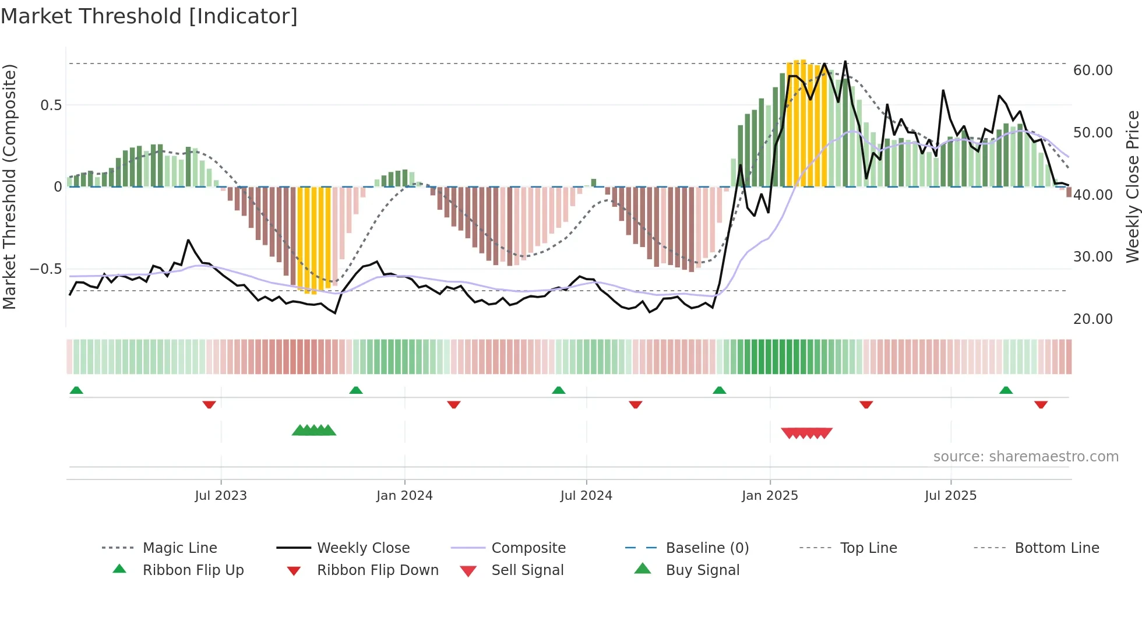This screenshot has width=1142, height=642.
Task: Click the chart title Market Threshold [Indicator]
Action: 149,16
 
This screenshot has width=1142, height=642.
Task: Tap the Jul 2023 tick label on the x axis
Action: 221,496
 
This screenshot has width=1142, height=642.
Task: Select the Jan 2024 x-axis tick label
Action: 404,496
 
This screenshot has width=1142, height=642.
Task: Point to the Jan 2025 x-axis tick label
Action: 770,496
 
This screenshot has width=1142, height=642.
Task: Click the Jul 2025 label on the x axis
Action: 950,496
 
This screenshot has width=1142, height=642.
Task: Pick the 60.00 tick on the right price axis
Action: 1092,70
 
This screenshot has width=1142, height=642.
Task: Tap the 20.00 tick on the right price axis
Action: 1092,319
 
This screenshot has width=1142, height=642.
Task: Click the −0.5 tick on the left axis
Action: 45,269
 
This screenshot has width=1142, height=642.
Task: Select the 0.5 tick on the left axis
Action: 51,105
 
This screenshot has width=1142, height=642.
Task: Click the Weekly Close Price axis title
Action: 1132,186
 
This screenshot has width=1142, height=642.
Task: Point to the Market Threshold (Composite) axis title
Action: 9,186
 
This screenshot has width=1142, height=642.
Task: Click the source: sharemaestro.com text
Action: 1025,457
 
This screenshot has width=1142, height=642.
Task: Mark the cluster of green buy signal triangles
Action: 314,431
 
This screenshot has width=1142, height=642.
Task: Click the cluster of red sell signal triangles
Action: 806,433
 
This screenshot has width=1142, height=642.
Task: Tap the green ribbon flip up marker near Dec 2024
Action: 719,390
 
